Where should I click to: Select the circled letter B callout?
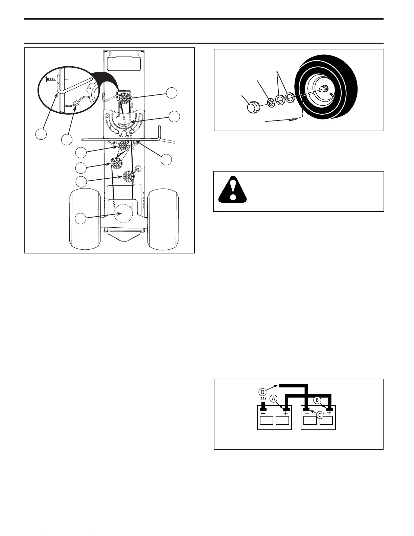[x=317, y=400]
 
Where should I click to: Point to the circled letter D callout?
[x=262, y=392]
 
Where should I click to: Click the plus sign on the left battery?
[x=286, y=413]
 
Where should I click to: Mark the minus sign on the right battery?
[x=306, y=413]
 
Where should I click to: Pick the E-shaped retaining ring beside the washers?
[x=270, y=102]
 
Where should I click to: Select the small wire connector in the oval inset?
[x=76, y=103]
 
